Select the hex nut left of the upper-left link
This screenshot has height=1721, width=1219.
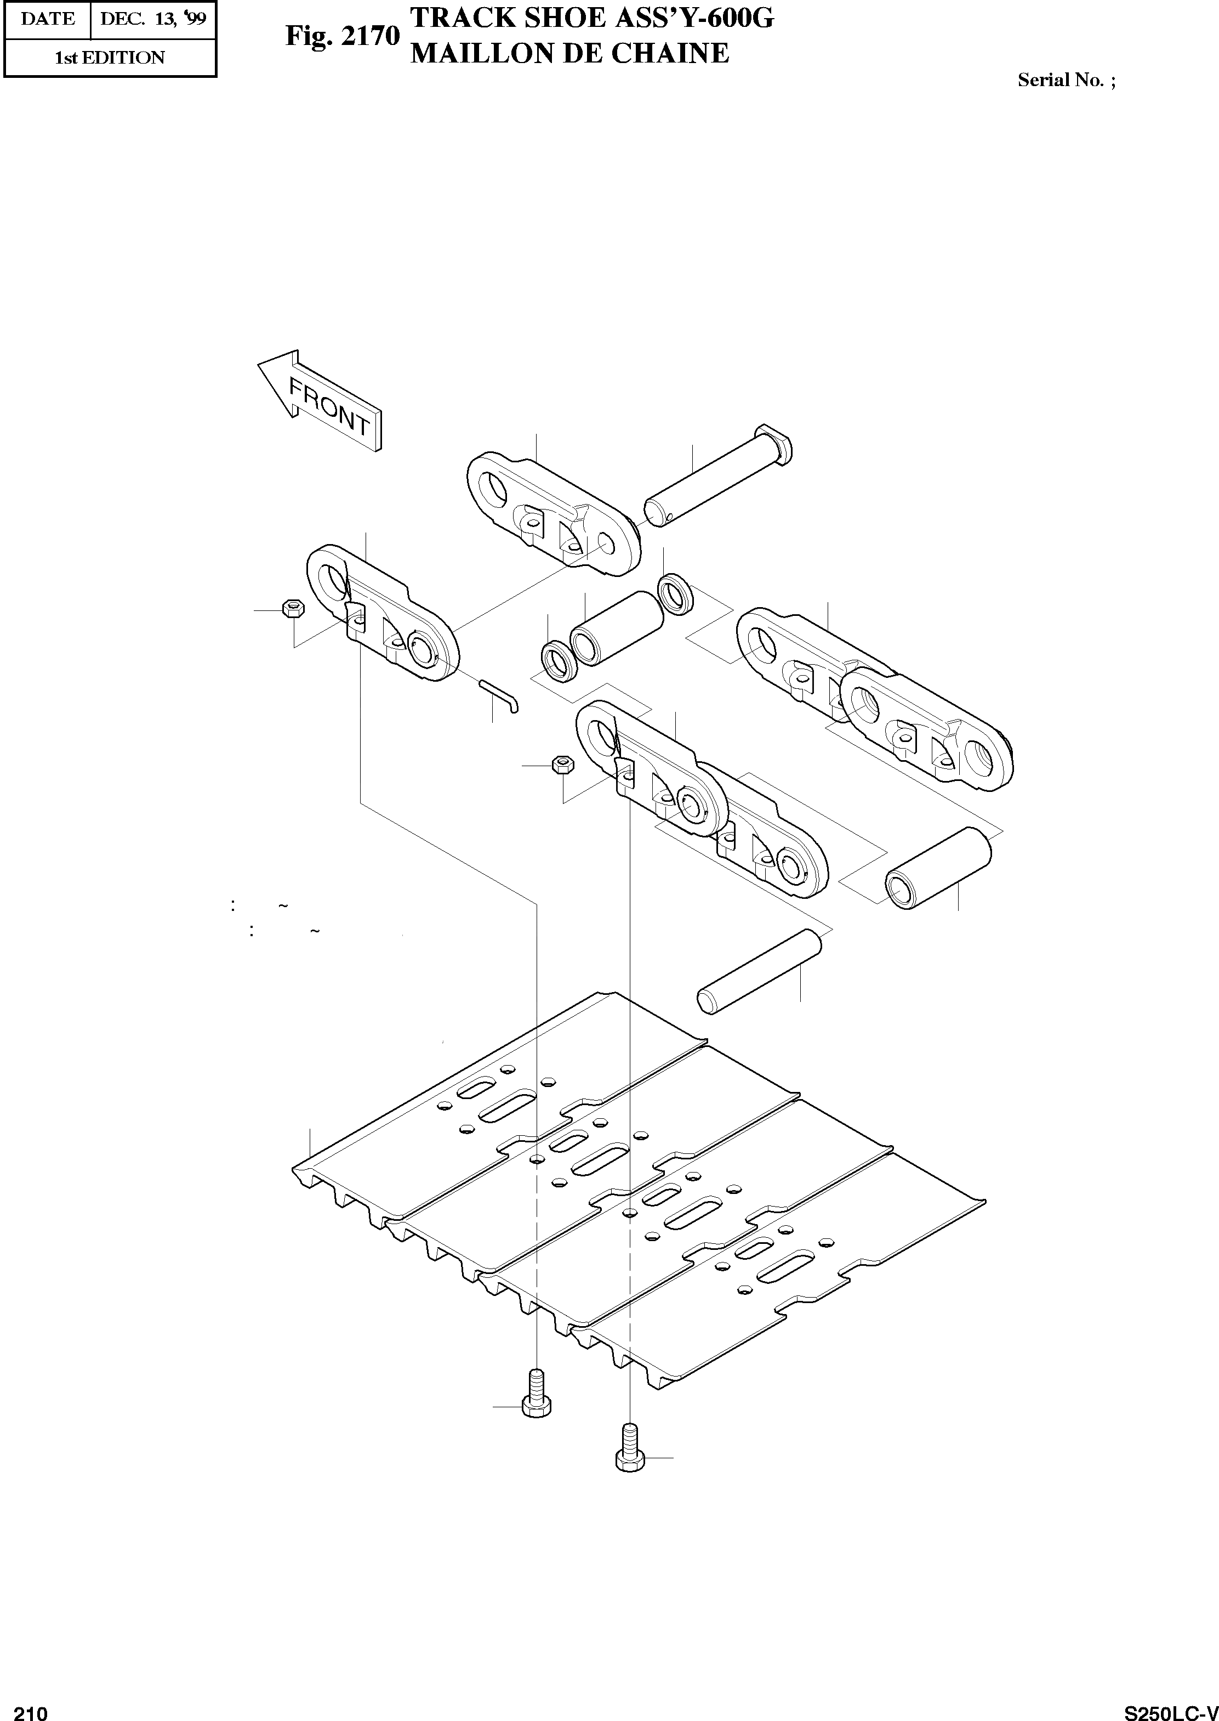click(292, 608)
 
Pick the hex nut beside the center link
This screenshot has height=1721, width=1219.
click(562, 765)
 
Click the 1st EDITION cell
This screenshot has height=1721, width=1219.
click(110, 58)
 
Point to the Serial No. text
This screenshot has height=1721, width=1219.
click(1066, 80)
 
